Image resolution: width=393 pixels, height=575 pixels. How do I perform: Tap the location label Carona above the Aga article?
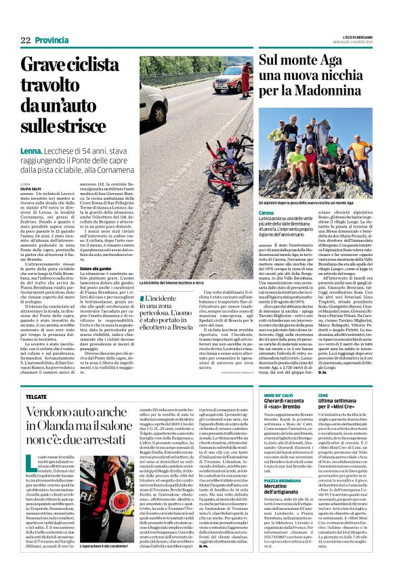[x=266, y=213]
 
